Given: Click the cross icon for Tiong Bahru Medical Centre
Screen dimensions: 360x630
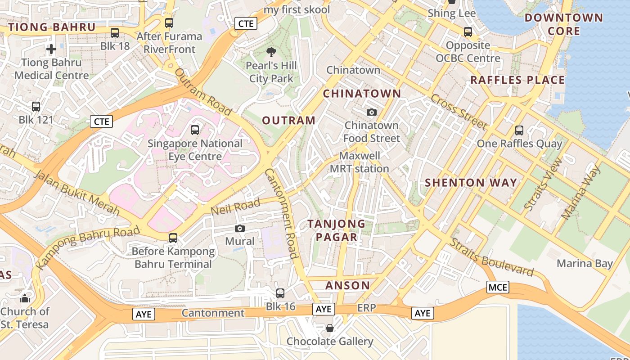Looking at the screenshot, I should click(51, 49).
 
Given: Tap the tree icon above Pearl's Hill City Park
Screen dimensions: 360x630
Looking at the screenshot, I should click(271, 52).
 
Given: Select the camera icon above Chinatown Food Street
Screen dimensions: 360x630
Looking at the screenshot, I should click(372, 112).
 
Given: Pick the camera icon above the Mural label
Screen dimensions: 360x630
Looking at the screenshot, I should click(240, 228).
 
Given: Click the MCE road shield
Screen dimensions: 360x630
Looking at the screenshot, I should click(498, 287).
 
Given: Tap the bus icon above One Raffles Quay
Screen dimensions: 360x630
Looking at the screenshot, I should click(519, 130).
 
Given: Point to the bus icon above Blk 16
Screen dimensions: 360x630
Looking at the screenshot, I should click(280, 293).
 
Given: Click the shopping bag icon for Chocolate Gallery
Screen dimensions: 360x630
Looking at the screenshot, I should click(330, 328).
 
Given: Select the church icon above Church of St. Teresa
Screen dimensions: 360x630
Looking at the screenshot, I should click(25, 298).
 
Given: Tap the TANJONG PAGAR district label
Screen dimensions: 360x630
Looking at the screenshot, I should click(337, 230).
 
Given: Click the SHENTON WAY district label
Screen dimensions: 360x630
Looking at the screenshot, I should click(471, 183).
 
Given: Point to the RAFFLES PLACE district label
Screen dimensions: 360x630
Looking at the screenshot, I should click(517, 80).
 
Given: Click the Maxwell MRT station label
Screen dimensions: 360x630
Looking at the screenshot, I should click(360, 162).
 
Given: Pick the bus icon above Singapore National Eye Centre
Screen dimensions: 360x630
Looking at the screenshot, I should click(195, 130).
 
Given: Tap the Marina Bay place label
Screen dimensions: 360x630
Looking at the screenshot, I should click(585, 263).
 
